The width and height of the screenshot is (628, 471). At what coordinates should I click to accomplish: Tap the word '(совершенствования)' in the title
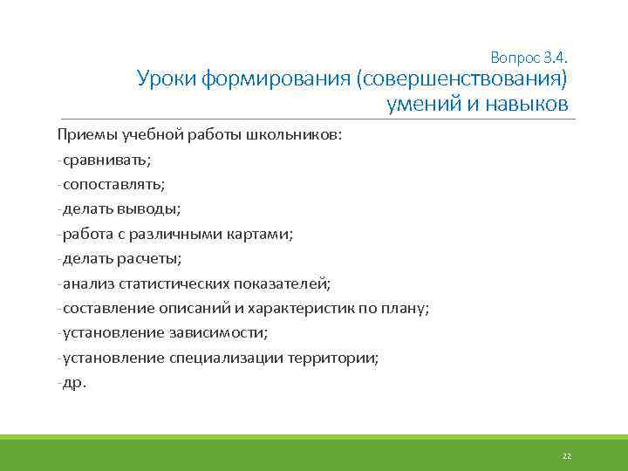coord(461,81)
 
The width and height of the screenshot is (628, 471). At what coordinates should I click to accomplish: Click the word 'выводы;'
coord(155,209)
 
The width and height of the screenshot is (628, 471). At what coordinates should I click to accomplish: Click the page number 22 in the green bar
coord(566,455)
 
